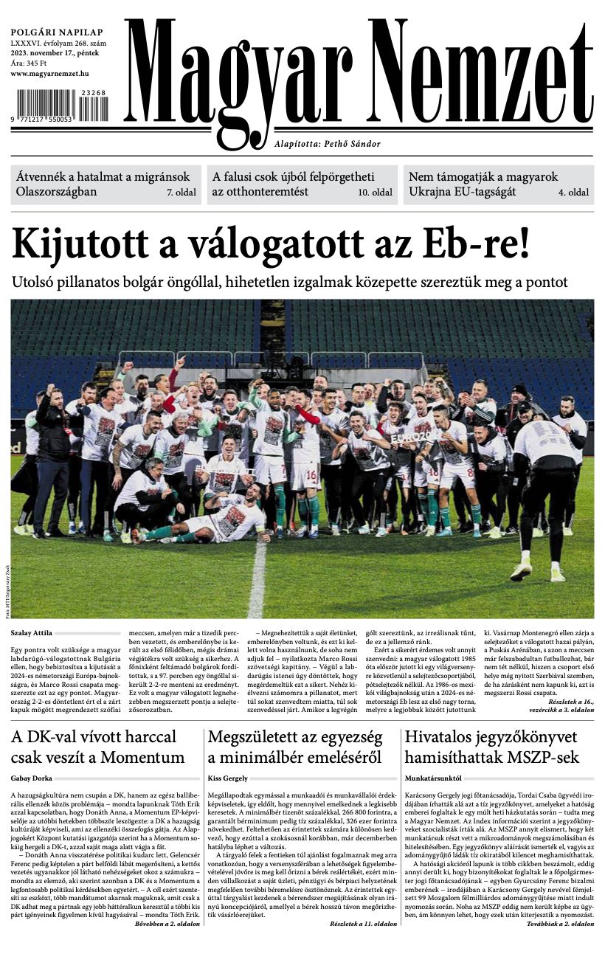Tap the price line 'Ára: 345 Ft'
pos(30,64)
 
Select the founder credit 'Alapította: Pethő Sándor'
pos(327,144)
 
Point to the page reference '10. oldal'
pos(375,193)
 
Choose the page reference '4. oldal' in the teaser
pos(573,193)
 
